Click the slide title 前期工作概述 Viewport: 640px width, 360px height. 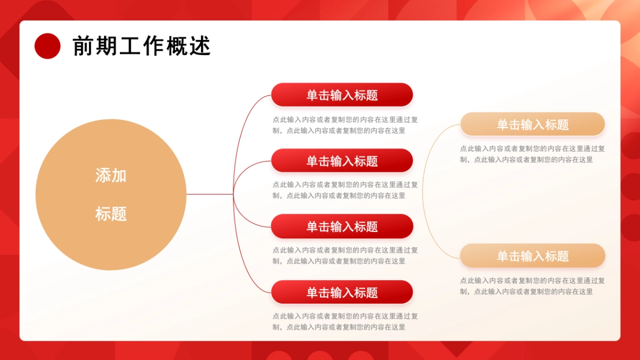coord(141,46)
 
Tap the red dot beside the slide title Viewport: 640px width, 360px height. coord(47,46)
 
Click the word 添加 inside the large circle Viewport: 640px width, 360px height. coord(111,175)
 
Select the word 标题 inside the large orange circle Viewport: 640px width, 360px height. coord(111,214)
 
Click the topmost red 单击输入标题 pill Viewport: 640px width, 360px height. coord(342,95)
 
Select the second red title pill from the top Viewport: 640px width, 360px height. coord(342,161)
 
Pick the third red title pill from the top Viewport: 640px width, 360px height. coord(342,227)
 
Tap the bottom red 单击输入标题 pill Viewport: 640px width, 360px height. coord(342,292)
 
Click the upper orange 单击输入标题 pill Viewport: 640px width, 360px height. coord(532,124)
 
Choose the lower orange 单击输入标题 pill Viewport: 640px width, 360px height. coord(532,256)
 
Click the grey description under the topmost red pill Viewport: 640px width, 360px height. coord(345,125)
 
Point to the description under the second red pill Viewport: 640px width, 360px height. coord(345,190)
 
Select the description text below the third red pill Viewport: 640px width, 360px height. coord(345,255)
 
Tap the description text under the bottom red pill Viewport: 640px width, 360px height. coord(345,322)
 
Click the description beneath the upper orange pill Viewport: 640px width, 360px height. coord(532,154)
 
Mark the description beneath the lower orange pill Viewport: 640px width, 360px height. coord(532,286)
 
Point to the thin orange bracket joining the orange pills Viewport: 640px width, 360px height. coord(423,192)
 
